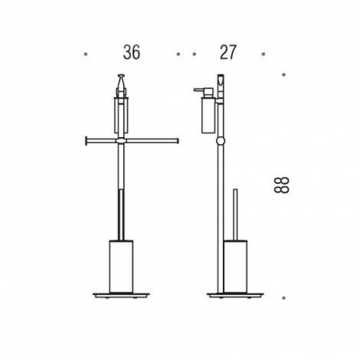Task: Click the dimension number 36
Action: [x=131, y=52]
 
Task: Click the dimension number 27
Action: [x=228, y=52]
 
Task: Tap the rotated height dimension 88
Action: [x=282, y=185]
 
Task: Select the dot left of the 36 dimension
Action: [x=86, y=54]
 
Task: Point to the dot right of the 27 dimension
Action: [x=263, y=54]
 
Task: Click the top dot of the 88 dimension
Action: [x=284, y=74]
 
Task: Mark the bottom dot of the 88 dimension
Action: [x=284, y=298]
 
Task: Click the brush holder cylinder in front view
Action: [x=122, y=266]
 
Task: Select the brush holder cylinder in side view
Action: [x=235, y=266]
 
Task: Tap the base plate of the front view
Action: [x=122, y=295]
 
